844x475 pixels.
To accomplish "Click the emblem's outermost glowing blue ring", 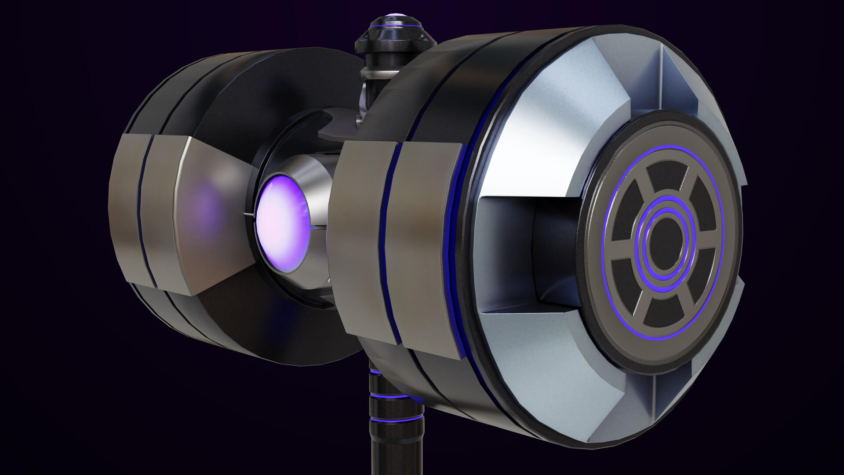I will coord(609,264).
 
